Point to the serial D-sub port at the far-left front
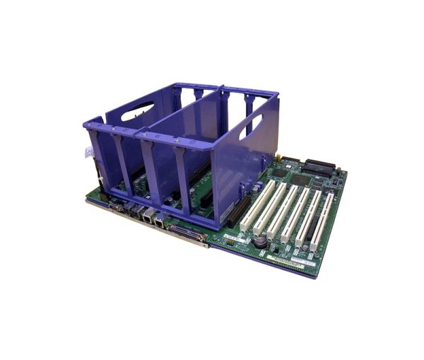(117, 208)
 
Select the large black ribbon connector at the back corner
(319, 168)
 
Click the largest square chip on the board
(300, 180)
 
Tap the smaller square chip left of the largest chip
(278, 173)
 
